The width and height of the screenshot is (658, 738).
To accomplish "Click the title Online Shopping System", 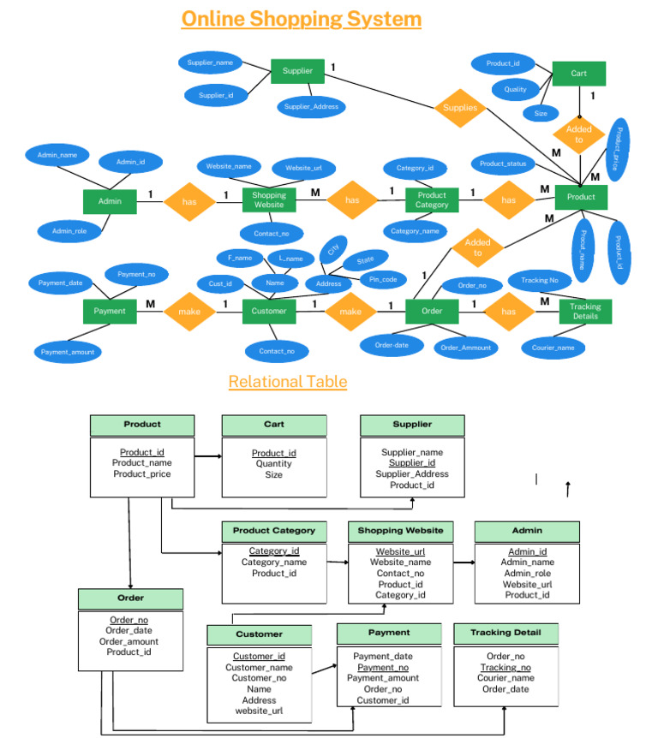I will tap(301, 19).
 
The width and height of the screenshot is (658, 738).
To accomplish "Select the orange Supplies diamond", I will tap(460, 108).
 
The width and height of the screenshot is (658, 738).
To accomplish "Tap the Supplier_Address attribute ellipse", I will tap(311, 107).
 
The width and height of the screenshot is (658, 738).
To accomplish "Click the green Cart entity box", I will tap(579, 74).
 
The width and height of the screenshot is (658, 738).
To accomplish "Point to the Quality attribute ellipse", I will tap(516, 88).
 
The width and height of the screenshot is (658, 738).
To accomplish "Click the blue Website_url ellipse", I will tap(303, 168).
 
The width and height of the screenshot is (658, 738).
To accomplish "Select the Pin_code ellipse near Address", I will tap(382, 279).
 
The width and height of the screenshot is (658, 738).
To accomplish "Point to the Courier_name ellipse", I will tap(553, 348).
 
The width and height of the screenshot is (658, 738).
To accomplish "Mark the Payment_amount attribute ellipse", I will tap(68, 351).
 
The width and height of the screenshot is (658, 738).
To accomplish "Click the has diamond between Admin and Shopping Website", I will tap(188, 202).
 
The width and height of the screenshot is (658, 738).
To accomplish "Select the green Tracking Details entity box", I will tap(585, 312).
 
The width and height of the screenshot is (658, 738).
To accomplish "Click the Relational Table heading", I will tap(288, 382).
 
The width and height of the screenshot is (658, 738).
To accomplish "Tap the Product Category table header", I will tap(274, 531).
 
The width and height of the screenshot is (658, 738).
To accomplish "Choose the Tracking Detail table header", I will tap(505, 633).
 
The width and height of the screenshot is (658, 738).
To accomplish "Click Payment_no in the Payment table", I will tap(383, 667).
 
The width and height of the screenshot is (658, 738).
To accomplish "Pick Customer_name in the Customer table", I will tap(259, 667).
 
